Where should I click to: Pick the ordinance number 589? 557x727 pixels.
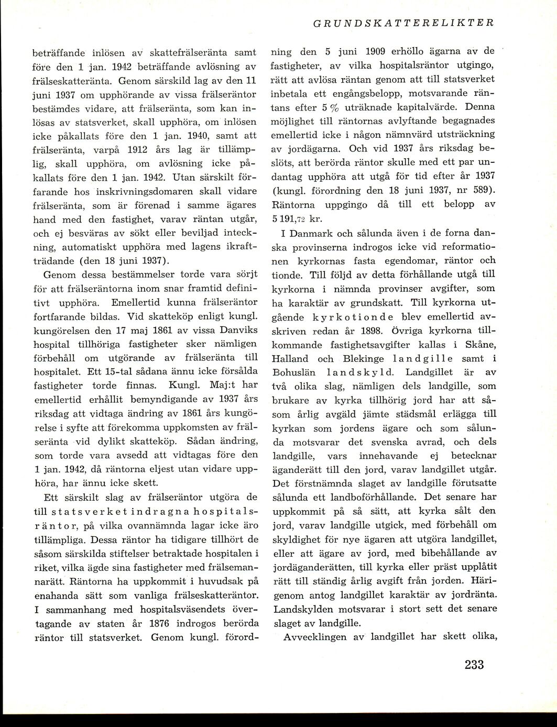click(x=482, y=189)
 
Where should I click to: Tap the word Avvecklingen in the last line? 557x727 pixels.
click(x=323, y=637)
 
